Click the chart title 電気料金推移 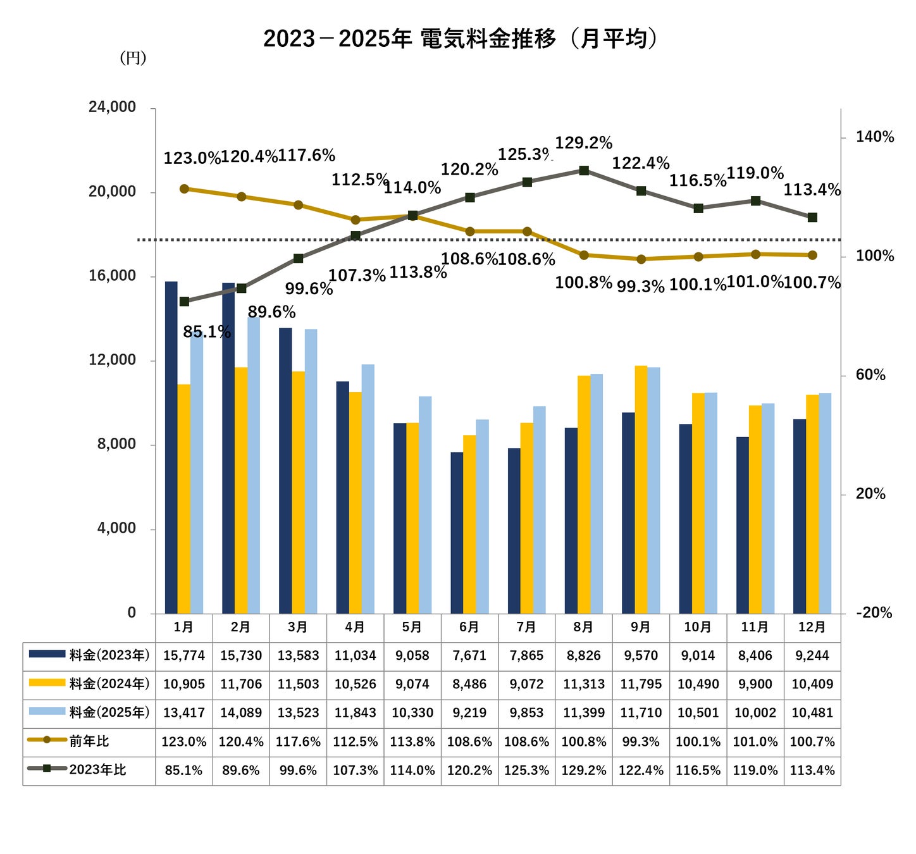488,39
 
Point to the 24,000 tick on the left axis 112,107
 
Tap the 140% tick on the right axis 874,137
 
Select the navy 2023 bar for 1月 171,447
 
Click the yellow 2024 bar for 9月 641,489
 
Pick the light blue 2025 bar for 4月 368,488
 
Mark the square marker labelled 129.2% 583,171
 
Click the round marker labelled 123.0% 184,189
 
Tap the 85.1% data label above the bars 207,331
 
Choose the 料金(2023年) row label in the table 109,655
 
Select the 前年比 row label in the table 89,741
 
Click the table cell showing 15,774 183,655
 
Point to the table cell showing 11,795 641,684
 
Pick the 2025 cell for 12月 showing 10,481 812,713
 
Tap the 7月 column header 526,627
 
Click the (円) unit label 133,58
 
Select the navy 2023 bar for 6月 457,533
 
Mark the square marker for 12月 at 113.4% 812,218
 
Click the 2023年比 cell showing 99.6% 298,770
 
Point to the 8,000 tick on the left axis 116,444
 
